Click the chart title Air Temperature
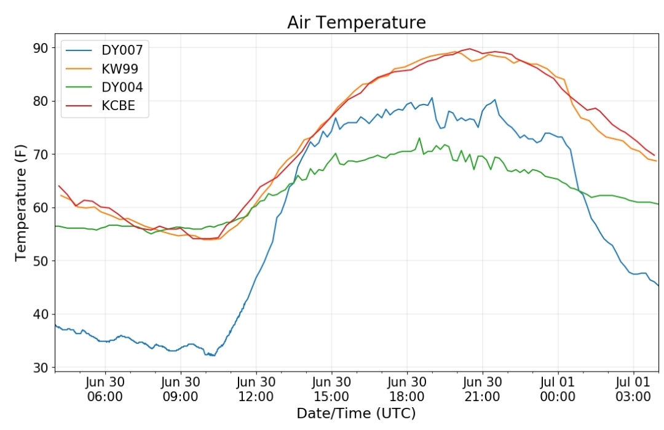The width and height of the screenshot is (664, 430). click(356, 22)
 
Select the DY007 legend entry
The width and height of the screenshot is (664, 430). click(104, 50)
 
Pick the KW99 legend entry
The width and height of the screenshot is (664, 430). click(101, 69)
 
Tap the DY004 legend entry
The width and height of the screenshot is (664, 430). click(104, 87)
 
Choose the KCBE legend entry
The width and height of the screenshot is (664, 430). click(100, 105)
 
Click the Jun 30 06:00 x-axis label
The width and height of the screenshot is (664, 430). click(105, 389)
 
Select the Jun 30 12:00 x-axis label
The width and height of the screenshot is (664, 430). click(256, 389)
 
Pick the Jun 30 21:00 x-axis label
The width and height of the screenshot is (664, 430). click(483, 389)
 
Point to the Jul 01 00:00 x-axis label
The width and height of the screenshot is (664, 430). click(558, 389)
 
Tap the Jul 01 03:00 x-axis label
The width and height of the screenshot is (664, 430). click(633, 389)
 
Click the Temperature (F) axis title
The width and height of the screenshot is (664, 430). click(20, 203)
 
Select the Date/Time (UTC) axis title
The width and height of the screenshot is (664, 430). click(356, 413)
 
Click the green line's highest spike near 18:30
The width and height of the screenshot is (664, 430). click(419, 138)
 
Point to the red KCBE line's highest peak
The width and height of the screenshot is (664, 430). click(469, 49)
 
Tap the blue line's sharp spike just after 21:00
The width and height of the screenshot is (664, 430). click(494, 100)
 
